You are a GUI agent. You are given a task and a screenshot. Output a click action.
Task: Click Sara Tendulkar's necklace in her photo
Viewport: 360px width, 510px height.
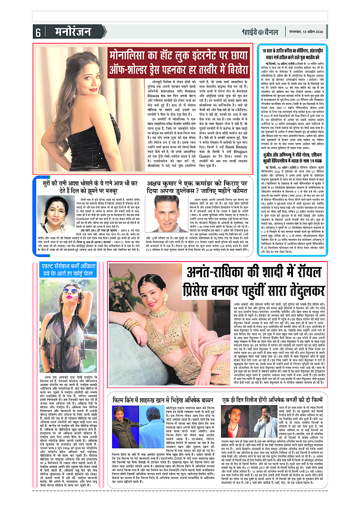(158, 315)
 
